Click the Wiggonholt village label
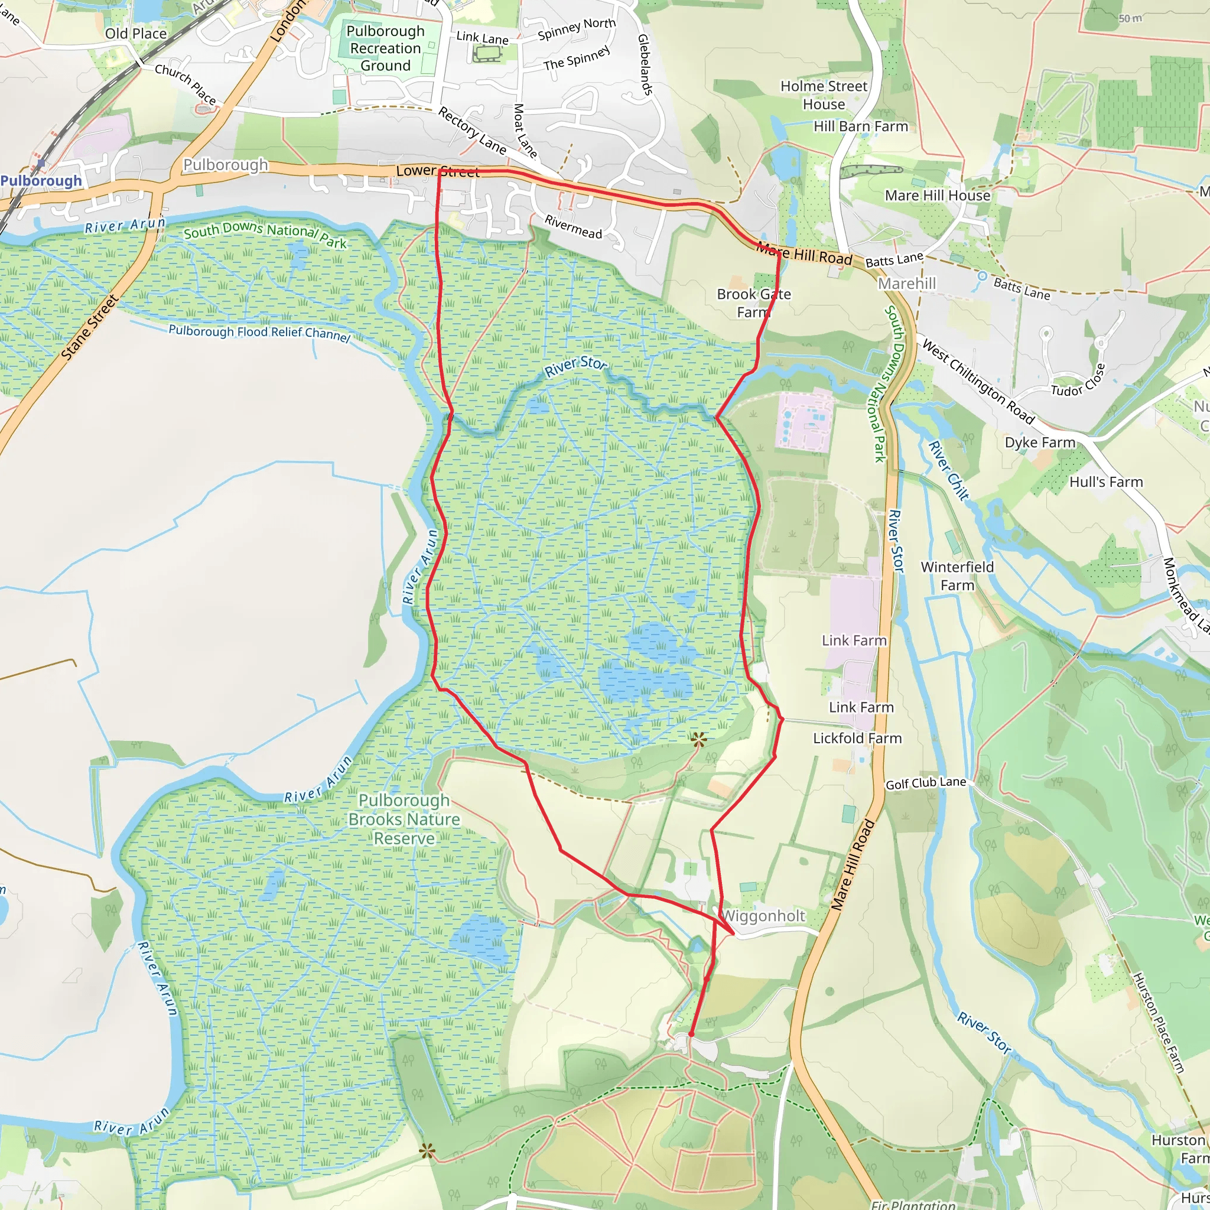pos(763,916)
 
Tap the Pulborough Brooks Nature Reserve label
pos(404,819)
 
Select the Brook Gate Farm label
pos(753,303)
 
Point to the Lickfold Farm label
pos(857,739)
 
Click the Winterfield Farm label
pos(957,575)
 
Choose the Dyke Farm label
pos(1040,443)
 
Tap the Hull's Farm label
pos(1106,482)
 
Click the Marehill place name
pos(906,284)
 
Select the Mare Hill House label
pos(938,196)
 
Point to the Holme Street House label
pos(824,95)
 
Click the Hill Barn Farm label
pos(860,126)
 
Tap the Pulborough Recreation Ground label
pos(385,48)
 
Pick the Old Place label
pos(136,33)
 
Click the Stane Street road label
pos(90,327)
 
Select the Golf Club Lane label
pos(925,783)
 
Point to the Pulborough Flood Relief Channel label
pos(259,333)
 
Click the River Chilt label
pos(948,470)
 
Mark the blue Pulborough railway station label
pos(41,181)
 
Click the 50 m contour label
pos(1130,18)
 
